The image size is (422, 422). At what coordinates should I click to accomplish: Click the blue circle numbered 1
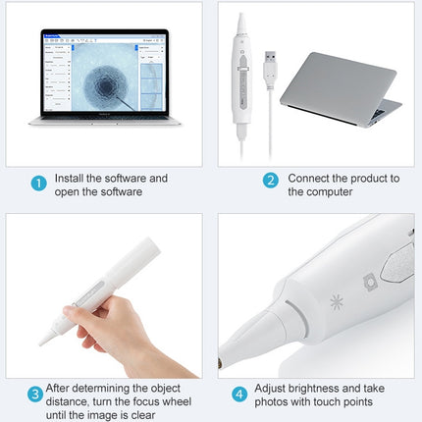pyautogui.click(x=38, y=184)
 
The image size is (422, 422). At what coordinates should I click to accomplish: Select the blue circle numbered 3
pyautogui.click(x=35, y=396)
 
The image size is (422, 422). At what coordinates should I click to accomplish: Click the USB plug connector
pyautogui.click(x=268, y=70)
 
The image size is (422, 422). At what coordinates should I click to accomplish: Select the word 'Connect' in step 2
pyautogui.click(x=311, y=179)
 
